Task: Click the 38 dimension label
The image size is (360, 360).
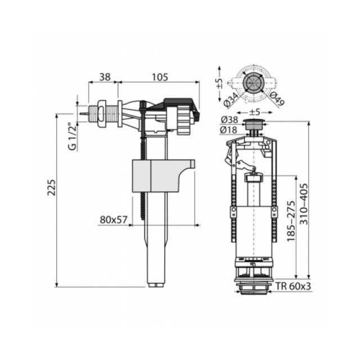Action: [x=105, y=77]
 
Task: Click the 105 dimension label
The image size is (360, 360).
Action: [x=160, y=77]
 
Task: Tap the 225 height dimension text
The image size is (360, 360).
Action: [x=52, y=187]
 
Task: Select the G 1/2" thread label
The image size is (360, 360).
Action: [x=72, y=138]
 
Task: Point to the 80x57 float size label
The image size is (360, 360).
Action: [x=114, y=220]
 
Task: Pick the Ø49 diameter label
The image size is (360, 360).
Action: [x=277, y=98]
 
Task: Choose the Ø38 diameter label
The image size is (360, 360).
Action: [x=229, y=120]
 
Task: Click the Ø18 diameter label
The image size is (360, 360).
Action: [x=229, y=130]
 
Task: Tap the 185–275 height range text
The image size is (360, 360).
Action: [x=291, y=221]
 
